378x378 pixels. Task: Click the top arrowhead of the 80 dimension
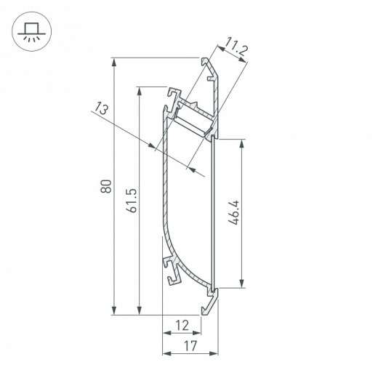click(x=114, y=63)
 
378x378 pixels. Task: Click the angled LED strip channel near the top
click(x=193, y=117)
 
